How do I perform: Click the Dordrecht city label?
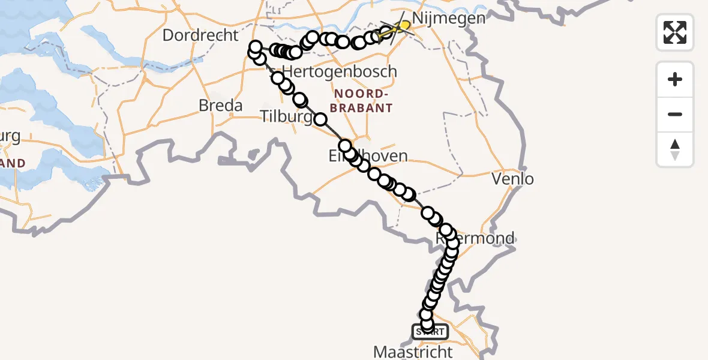click(200, 35)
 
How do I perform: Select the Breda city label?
click(221, 106)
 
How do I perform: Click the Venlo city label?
click(512, 178)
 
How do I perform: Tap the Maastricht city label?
click(413, 351)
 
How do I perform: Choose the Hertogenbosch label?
click(340, 71)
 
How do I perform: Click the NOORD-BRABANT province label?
click(364, 101)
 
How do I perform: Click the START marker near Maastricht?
click(430, 331)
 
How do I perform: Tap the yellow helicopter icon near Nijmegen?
click(404, 26)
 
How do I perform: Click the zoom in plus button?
click(675, 79)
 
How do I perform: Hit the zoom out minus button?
click(675, 114)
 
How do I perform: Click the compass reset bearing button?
click(675, 149)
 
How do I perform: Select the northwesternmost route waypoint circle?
click(256, 47)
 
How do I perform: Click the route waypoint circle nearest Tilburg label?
click(321, 119)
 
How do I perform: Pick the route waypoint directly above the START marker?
click(427, 324)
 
